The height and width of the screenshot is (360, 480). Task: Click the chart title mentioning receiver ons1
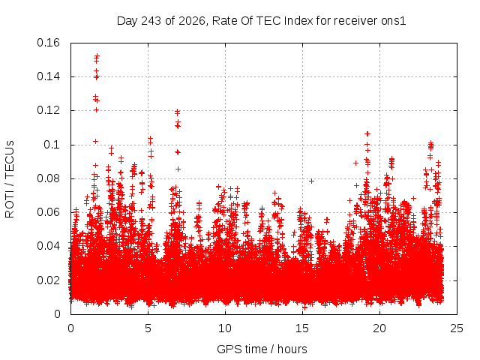pos(262,21)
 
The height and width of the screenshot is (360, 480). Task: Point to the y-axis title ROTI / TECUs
pos(10,179)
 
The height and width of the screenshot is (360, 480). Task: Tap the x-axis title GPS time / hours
pos(262,349)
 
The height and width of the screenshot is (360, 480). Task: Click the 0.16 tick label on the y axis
pos(48,43)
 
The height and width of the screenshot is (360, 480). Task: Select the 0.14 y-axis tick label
pos(48,76)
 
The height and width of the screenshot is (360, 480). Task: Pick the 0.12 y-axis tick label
pos(48,110)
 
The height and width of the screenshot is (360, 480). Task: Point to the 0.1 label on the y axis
pos(52,145)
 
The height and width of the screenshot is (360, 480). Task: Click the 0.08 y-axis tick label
pos(48,178)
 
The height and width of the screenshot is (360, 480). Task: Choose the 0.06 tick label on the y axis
pos(48,212)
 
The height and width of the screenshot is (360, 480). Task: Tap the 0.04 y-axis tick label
pos(48,246)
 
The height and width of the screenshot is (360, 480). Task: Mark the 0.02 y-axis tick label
pos(48,280)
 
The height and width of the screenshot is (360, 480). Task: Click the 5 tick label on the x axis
pos(148,328)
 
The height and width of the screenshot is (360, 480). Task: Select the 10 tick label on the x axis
pos(225,328)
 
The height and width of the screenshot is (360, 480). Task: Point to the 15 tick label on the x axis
pos(302,328)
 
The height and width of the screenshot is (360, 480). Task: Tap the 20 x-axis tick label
pos(379,328)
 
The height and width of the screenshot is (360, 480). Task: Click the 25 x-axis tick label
pos(457,328)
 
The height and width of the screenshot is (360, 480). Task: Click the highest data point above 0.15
pos(97,56)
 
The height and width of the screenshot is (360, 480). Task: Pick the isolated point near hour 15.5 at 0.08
pos(312,181)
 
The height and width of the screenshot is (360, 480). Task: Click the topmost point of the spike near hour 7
pos(177,112)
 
